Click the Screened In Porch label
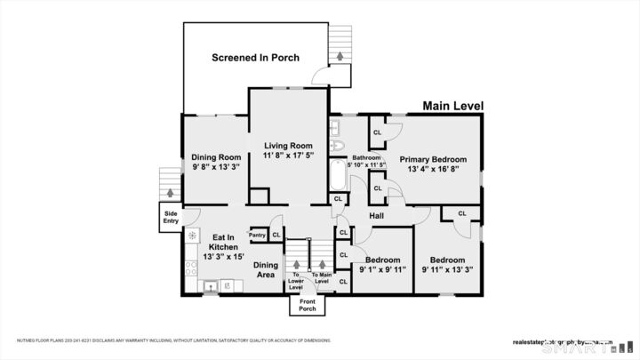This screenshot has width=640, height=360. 255,58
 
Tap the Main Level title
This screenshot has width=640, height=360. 453,106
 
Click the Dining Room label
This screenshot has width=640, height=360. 217,157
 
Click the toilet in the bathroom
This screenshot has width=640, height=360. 337,145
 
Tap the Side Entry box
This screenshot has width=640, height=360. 171,216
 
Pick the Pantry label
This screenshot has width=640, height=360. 258,235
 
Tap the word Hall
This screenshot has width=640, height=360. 376,216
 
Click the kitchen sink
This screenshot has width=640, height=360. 210,286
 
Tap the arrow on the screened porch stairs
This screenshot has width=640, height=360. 339,57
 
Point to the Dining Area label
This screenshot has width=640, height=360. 266,270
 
